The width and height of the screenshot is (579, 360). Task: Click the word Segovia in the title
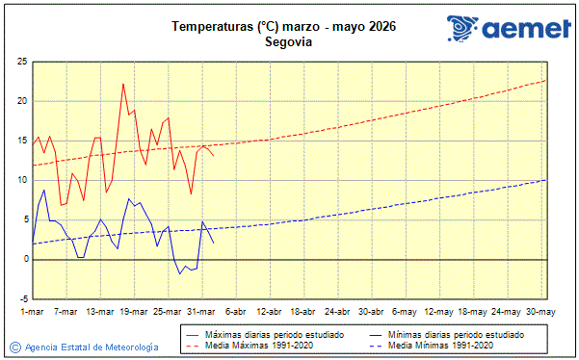point(289,42)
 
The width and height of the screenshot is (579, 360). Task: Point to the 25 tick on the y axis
point(21,62)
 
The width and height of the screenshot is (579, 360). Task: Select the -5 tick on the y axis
point(21,298)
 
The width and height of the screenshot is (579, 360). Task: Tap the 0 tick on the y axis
point(23,259)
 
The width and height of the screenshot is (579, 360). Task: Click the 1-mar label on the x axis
point(32,311)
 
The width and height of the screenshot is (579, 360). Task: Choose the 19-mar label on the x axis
point(133,311)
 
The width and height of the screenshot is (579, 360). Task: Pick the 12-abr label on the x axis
point(269,311)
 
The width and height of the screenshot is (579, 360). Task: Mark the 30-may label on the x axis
point(540,311)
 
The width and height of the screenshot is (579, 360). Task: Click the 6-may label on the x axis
point(405,311)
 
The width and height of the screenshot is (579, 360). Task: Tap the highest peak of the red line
point(123,84)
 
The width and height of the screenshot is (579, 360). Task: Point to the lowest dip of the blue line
point(179,274)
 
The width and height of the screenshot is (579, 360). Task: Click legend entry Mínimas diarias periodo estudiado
point(454,334)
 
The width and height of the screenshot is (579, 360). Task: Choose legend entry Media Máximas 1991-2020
point(255,345)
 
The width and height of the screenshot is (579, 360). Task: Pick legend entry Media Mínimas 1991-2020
point(440,345)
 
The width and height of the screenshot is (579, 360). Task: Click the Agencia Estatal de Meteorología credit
point(92,347)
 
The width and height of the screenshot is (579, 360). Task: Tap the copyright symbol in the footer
point(15,347)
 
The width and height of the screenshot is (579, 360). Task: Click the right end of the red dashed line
point(545,80)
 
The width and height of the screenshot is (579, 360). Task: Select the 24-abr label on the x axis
point(336,311)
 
